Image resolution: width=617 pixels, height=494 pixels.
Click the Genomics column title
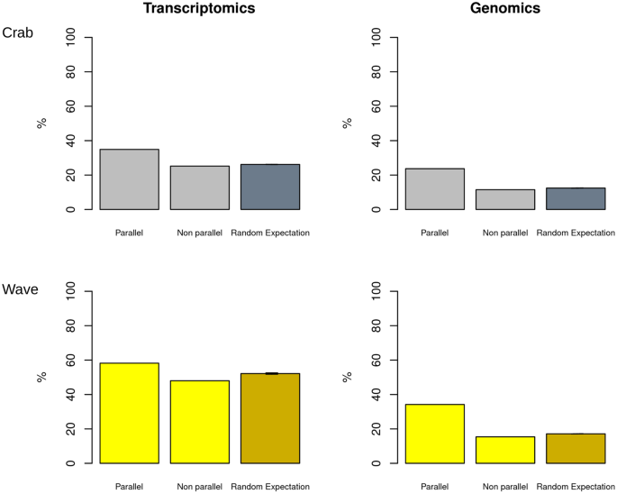point(505,9)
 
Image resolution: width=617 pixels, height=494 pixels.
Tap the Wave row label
point(20,289)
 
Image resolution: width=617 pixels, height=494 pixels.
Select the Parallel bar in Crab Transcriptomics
point(129,179)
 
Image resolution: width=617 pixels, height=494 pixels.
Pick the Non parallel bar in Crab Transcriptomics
point(199,188)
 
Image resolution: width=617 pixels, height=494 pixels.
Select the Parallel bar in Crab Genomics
point(435,189)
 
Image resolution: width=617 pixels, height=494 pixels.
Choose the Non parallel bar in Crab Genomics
point(505,199)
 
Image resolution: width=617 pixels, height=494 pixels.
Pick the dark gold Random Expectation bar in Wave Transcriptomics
point(270,418)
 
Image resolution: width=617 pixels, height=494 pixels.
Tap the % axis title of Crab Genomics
point(347,123)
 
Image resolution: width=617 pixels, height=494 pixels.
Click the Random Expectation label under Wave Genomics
point(576,487)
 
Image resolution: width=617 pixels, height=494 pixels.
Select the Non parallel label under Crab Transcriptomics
point(199,233)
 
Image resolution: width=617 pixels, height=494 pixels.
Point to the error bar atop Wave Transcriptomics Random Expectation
point(270,373)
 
